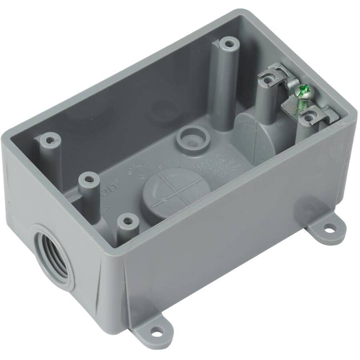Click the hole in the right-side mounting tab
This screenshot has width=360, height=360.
pyautogui.click(x=328, y=229)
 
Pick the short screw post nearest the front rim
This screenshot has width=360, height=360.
pyautogui.click(x=127, y=220)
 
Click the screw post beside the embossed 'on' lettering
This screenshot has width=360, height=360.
pyautogui.click(x=88, y=178)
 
